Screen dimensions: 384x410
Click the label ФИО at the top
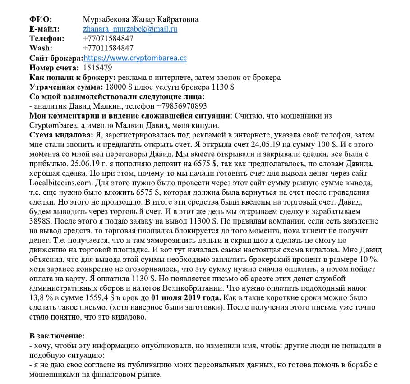point(41,19)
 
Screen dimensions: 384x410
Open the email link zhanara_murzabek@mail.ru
point(130,29)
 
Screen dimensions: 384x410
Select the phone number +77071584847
point(108,39)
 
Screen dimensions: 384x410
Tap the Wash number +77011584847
point(108,48)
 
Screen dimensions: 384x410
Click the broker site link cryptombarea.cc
point(135,58)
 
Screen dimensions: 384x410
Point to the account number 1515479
point(97,68)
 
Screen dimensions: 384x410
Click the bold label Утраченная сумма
point(66,87)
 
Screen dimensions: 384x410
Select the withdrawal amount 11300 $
point(202,221)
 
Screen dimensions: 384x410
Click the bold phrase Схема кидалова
point(61,135)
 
